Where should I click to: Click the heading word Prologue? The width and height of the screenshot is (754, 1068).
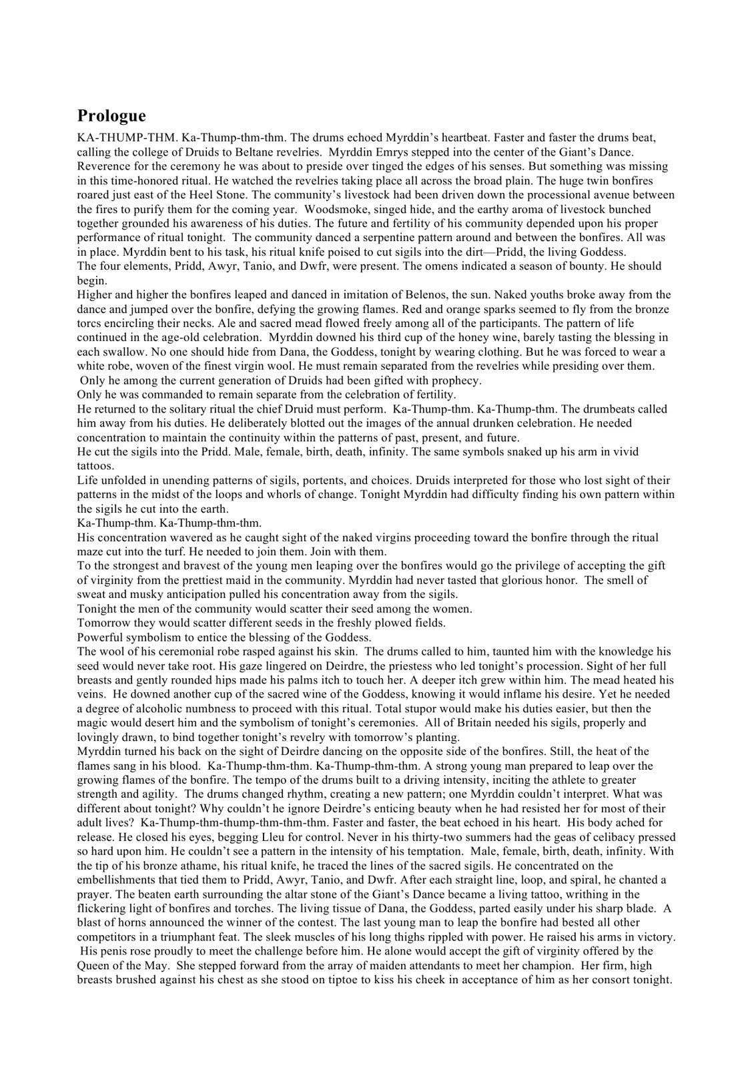[x=111, y=116]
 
